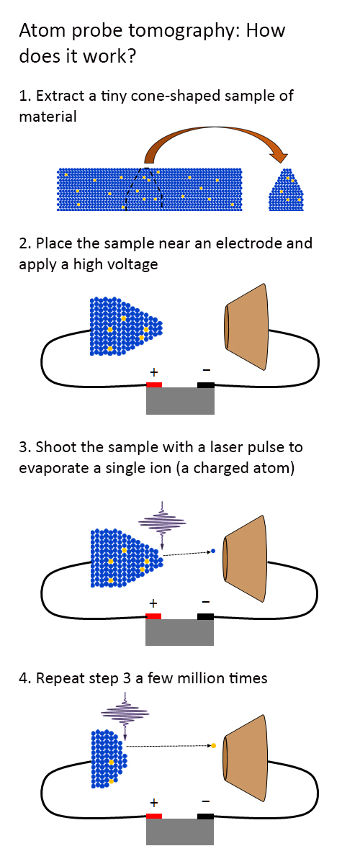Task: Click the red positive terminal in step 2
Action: pyautogui.click(x=153, y=384)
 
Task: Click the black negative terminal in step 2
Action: pyautogui.click(x=206, y=384)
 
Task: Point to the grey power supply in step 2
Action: pyautogui.click(x=180, y=401)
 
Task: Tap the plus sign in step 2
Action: pyautogui.click(x=153, y=372)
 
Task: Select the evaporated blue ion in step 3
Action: pyautogui.click(x=214, y=552)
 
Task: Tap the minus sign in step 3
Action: pyautogui.click(x=206, y=602)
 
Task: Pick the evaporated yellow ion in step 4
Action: pyautogui.click(x=213, y=744)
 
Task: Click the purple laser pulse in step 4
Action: pyautogui.click(x=125, y=714)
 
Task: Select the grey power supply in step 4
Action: pyautogui.click(x=180, y=831)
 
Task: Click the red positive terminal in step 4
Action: pyautogui.click(x=153, y=816)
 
